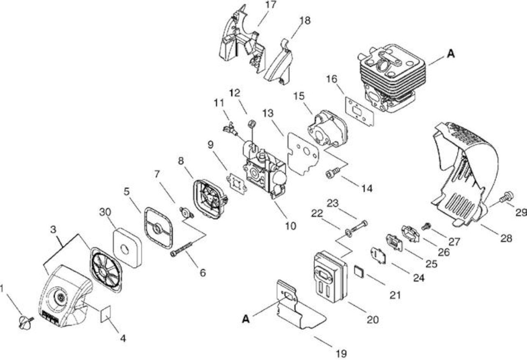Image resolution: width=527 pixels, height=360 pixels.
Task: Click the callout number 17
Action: [x=270, y=5]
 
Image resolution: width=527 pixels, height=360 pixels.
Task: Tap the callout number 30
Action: [x=105, y=212]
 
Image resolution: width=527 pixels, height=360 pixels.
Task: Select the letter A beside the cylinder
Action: [x=451, y=54]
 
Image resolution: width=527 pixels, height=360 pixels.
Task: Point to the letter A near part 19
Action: [x=246, y=319]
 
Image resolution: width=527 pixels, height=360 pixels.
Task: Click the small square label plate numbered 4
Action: [x=105, y=314]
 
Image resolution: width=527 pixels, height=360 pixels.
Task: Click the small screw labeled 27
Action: [x=426, y=226]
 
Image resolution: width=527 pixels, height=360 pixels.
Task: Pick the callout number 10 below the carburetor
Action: [x=291, y=226]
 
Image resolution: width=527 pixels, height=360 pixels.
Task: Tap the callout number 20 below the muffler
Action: [x=373, y=320]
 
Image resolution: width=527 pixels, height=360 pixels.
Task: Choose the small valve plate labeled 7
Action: [x=186, y=213]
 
